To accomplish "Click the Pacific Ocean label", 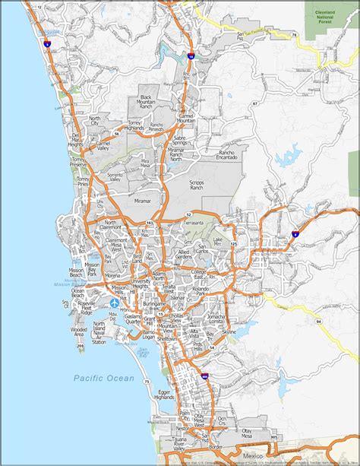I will click(104, 378).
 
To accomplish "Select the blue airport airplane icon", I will click(114, 303).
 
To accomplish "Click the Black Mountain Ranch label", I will click(147, 101).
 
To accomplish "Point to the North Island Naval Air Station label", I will click(99, 333).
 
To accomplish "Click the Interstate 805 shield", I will click(204, 376).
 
